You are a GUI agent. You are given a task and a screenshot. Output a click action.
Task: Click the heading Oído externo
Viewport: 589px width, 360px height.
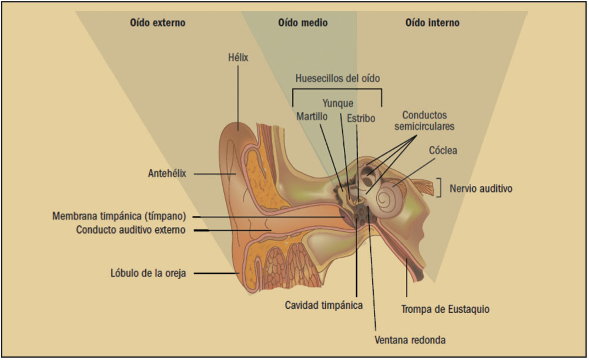tap(158, 24)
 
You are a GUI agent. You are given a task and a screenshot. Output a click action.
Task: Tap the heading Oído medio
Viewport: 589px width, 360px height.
tap(303, 24)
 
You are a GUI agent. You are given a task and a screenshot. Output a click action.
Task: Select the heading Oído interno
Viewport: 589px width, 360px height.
tap(432, 24)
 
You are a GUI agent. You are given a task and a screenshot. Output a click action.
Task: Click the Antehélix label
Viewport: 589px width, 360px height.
tap(167, 174)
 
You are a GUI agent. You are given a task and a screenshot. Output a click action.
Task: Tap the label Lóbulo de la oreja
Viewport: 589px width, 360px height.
tap(148, 273)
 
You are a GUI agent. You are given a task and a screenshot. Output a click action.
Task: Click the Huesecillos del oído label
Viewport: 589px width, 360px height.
tap(337, 78)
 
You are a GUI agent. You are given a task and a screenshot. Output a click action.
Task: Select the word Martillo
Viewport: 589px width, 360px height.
tap(312, 116)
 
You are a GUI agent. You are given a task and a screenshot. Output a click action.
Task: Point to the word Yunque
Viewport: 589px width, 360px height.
tap(338, 104)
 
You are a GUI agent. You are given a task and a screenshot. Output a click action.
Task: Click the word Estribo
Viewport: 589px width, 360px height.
tap(360, 118)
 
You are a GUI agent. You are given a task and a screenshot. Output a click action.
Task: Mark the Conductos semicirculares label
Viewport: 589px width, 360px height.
tap(424, 120)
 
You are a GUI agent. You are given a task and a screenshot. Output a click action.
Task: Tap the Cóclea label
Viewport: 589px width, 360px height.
tap(443, 151)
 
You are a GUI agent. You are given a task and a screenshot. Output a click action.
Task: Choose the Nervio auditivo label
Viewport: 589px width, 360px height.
tap(481, 189)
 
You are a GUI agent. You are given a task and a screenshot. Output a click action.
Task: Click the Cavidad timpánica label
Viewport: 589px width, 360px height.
tap(323, 305)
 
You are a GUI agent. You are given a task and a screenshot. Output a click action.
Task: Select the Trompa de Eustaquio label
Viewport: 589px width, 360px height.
tap(445, 309)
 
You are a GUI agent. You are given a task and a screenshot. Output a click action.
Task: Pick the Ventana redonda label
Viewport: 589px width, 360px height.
tap(410, 339)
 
